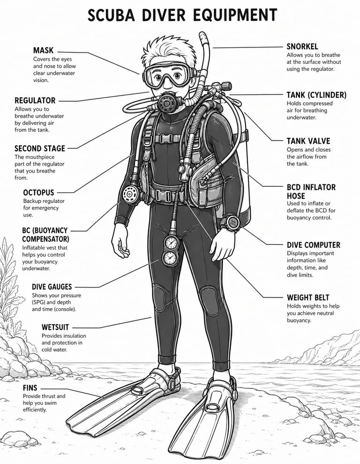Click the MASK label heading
pos(43,50)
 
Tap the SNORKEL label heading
pos(302,46)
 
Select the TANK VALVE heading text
pos(308,141)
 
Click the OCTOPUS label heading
pos(38,192)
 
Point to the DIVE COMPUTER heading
pos(313,245)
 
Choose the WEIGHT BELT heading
pos(307,297)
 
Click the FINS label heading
pos(30,388)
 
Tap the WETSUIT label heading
pos(55,327)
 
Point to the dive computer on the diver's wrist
pos(231,222)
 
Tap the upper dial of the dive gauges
pos(172,243)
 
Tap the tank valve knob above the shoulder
pos(226,86)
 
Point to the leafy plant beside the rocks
pos(9,284)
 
